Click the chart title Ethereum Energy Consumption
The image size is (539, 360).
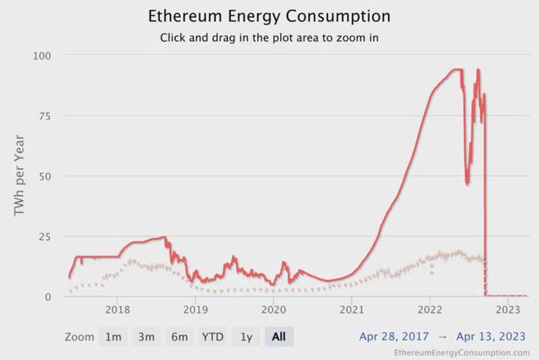click(x=269, y=16)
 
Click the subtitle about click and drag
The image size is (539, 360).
click(x=269, y=38)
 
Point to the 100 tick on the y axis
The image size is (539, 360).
click(x=42, y=56)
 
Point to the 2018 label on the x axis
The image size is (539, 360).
click(x=118, y=311)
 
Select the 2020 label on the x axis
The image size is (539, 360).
click(x=274, y=311)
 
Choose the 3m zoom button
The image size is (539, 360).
click(x=146, y=336)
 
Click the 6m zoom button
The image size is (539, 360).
click(x=179, y=336)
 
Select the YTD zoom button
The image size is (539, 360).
click(x=213, y=336)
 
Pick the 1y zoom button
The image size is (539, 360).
click(x=246, y=336)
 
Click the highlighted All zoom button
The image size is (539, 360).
click(x=278, y=336)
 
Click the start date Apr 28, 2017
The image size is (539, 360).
click(x=394, y=336)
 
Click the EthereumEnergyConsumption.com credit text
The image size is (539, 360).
click(x=461, y=353)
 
